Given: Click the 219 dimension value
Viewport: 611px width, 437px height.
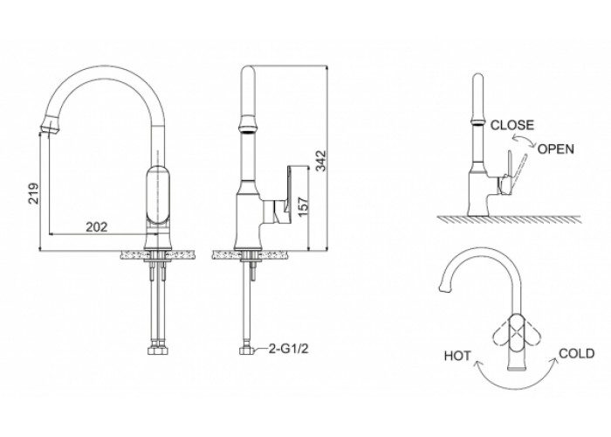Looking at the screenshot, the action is (x=34, y=193).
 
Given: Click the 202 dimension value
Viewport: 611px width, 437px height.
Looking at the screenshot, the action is (x=97, y=226).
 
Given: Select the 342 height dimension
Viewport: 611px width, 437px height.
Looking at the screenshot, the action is (x=321, y=160).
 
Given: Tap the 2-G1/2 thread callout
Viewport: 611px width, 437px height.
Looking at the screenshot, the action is (x=289, y=348).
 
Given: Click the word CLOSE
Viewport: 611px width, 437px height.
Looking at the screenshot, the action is (x=512, y=125).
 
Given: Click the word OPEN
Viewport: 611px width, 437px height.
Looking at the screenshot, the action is (x=556, y=149).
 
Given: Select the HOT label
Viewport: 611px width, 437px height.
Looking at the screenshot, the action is (x=457, y=356).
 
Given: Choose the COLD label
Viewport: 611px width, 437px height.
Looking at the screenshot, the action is (x=577, y=353).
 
